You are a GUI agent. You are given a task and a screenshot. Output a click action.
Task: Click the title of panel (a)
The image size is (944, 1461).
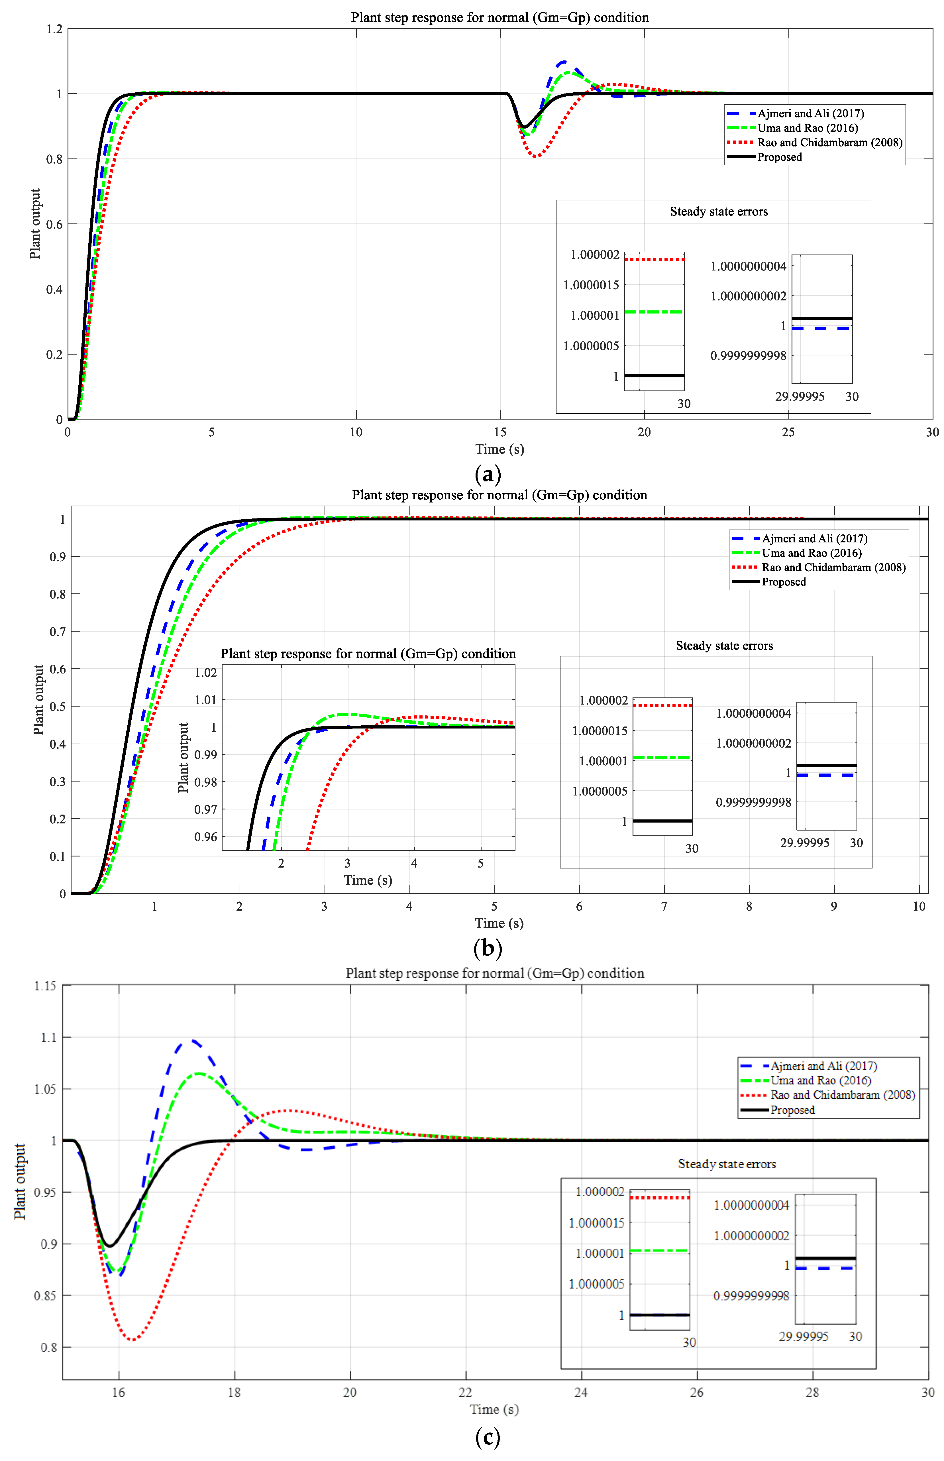click(499, 17)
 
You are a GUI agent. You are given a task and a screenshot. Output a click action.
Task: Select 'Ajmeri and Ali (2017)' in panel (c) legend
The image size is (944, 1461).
click(823, 1066)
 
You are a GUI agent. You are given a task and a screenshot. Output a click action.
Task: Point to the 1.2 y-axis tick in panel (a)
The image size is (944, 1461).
click(54, 29)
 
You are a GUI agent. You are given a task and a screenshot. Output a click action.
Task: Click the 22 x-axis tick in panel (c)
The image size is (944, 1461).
click(465, 1392)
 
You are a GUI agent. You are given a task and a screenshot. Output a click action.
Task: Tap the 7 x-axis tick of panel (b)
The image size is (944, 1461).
click(664, 906)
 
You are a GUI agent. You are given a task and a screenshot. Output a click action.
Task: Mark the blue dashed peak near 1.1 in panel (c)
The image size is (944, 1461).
click(192, 1040)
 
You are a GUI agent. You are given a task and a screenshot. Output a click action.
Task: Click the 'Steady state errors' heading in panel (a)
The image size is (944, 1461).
click(718, 211)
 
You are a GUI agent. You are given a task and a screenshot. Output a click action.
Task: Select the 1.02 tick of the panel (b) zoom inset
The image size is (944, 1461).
click(205, 673)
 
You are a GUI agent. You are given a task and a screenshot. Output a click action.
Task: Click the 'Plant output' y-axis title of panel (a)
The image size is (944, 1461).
click(35, 224)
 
